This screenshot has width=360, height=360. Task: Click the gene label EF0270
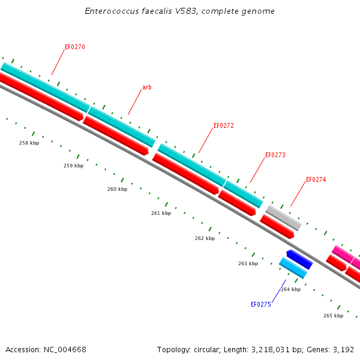75,47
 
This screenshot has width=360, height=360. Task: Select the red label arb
146,88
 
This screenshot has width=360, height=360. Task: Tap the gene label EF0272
224,126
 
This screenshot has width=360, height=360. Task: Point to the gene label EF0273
275,155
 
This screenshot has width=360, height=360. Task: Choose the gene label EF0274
316,179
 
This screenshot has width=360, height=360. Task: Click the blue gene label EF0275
261,304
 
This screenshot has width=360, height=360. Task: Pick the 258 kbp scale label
29,143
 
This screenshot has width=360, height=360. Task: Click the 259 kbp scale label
73,166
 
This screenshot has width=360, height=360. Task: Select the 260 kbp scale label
117,189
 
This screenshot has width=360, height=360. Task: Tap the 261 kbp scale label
161,213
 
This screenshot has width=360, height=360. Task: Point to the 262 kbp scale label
205,238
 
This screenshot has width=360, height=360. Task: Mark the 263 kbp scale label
248,263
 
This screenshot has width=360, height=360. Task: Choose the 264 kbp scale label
290,289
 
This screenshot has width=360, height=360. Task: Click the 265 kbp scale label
333,316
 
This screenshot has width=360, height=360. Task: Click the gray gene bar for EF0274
283,218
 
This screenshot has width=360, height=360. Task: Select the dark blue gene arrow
299,260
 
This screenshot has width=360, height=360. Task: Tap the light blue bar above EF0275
293,268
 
